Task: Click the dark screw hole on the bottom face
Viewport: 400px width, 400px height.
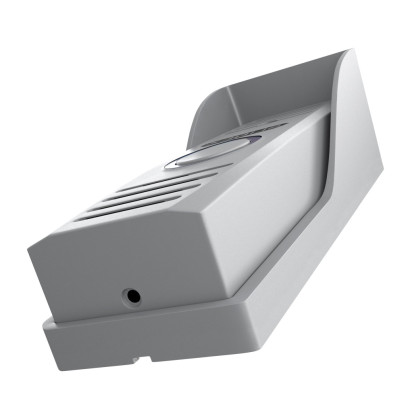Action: [x=132, y=295]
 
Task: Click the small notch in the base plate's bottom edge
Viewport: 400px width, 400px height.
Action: [x=147, y=357]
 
